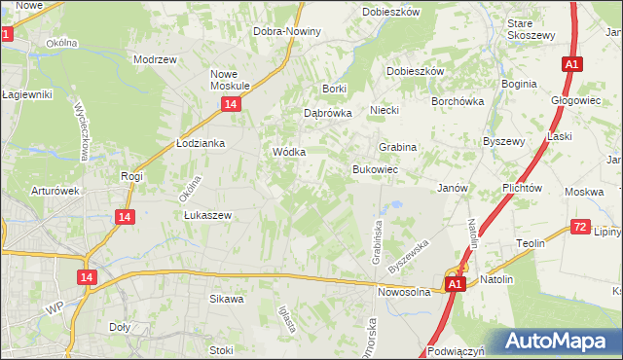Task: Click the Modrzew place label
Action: click(155, 58)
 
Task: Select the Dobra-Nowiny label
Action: click(286, 31)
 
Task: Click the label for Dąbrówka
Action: click(327, 112)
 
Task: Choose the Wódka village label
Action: click(289, 153)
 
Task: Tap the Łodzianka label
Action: click(201, 143)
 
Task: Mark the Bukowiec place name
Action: click(375, 169)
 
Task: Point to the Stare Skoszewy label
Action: click(531, 28)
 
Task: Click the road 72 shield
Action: click(580, 227)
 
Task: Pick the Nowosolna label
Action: click(404, 291)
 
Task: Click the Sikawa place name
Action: click(226, 300)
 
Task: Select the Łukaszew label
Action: click(205, 216)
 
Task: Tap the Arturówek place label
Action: click(55, 191)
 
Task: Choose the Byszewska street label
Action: click(408, 256)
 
